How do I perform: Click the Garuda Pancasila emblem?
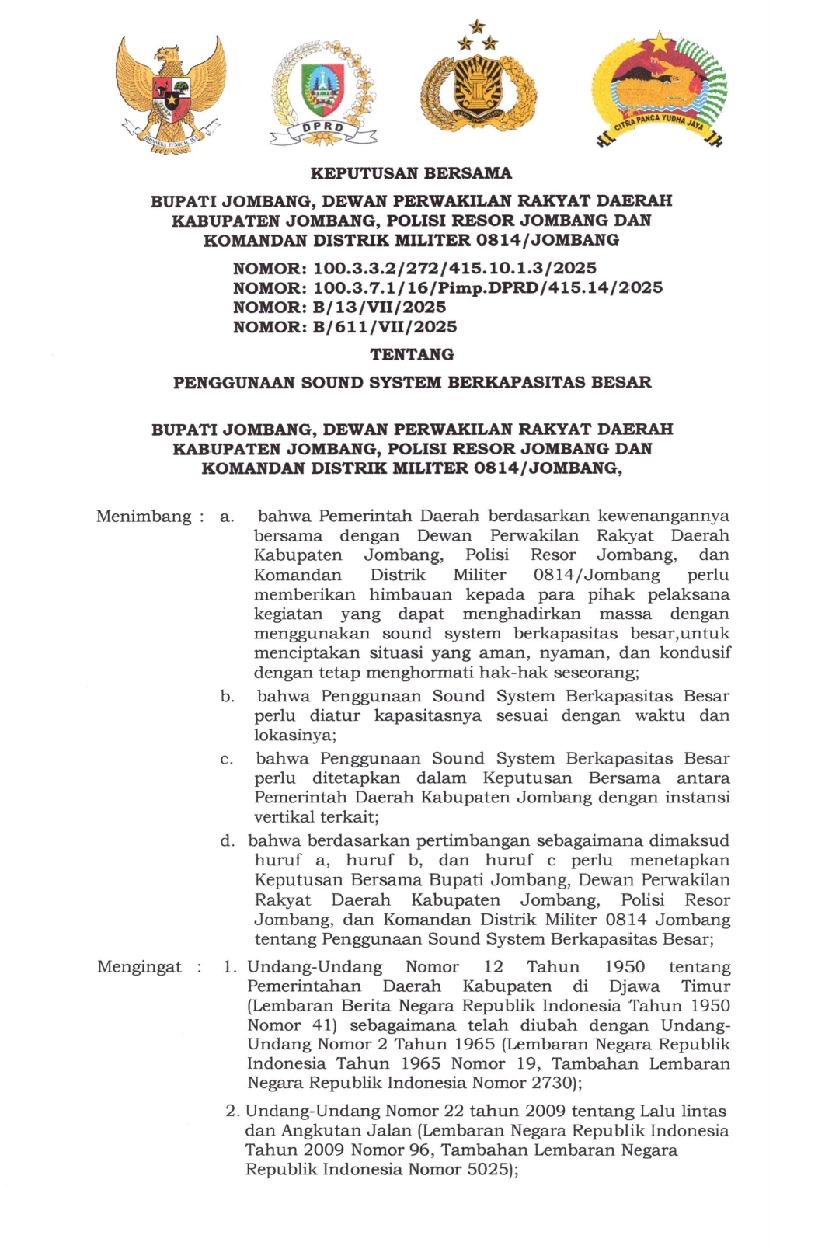(x=170, y=94)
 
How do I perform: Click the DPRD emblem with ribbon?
(x=323, y=94)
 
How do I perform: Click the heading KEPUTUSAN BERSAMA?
(x=411, y=173)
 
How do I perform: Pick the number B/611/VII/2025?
(x=385, y=327)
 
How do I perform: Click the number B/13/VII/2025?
(x=379, y=308)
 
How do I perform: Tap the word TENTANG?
(x=412, y=355)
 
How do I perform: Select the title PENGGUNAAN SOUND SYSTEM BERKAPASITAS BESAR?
(x=412, y=382)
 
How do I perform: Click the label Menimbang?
(x=144, y=517)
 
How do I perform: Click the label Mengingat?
(x=139, y=967)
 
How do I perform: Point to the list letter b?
(x=227, y=697)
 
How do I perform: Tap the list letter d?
(x=227, y=841)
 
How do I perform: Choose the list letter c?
(x=227, y=759)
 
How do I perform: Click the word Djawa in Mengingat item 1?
(x=634, y=986)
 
